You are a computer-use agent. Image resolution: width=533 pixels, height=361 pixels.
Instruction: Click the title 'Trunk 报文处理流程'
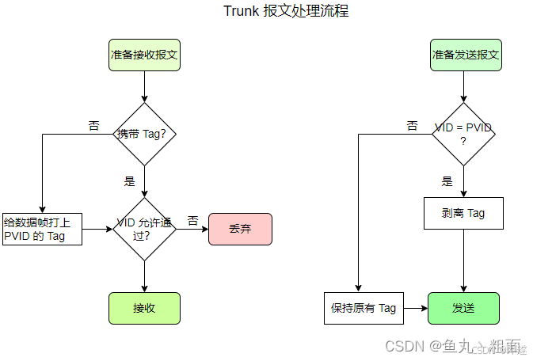[x=285, y=11]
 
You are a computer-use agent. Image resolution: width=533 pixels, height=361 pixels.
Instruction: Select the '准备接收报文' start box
[x=144, y=55]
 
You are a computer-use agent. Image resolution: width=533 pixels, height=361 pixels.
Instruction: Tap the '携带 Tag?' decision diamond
[x=144, y=134]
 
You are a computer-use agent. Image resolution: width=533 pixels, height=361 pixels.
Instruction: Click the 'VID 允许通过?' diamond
[x=144, y=229]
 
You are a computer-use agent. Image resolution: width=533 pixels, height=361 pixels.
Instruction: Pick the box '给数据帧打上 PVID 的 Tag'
[x=42, y=229]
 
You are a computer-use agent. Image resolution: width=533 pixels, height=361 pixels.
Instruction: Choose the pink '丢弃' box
[x=240, y=229]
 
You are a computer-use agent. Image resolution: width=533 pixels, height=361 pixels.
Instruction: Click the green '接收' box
[x=144, y=308]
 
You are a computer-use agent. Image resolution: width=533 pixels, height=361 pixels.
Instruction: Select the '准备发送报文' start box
[x=465, y=55]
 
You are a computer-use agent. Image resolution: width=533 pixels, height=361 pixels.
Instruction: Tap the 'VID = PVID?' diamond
[x=463, y=134]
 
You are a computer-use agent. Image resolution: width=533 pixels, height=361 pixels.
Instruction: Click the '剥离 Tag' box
[x=463, y=213]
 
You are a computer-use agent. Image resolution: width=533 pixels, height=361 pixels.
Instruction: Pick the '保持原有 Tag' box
[x=364, y=308]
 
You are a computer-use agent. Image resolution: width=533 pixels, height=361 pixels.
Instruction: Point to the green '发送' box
[x=463, y=308]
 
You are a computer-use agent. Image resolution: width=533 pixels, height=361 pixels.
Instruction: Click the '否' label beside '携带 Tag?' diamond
[x=94, y=126]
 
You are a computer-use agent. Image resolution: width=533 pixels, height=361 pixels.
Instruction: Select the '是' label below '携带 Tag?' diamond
[x=130, y=181]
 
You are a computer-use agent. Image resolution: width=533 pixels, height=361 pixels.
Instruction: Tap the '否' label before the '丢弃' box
[x=192, y=220]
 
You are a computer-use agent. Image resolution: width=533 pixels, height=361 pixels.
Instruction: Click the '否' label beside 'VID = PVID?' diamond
[x=412, y=126]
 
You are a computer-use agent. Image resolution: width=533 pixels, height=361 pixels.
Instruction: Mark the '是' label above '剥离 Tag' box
[x=447, y=181]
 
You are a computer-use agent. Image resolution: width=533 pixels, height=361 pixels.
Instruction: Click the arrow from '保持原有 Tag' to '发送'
[x=416, y=308]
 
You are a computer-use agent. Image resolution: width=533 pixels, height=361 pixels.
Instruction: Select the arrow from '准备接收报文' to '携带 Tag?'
[x=144, y=87]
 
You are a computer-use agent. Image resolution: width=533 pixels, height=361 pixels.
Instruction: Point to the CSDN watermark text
[x=451, y=347]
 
